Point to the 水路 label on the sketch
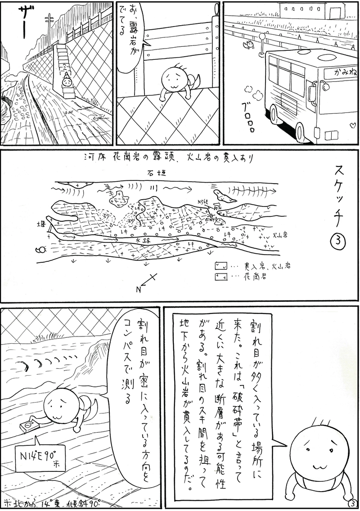(x=143, y=241)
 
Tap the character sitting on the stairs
(x=67, y=81)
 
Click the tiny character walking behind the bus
(x=246, y=44)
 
